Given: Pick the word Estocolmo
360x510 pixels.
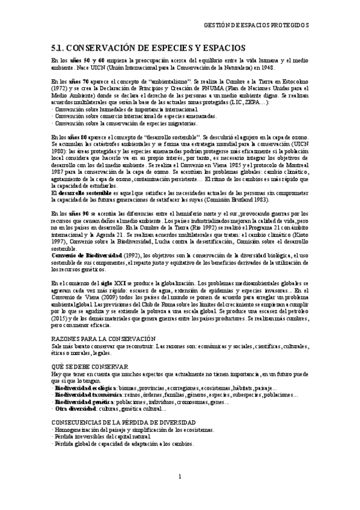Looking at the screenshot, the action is [x=291, y=80].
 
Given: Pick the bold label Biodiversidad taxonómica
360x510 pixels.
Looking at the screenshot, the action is [x=90, y=395].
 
